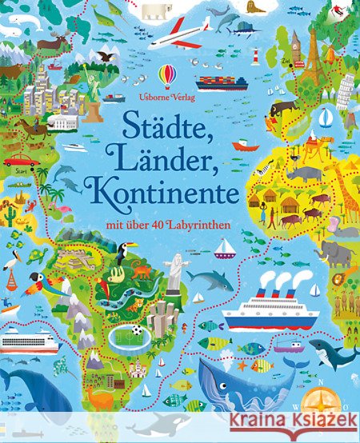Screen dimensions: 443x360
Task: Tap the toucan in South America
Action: point(123,253)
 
